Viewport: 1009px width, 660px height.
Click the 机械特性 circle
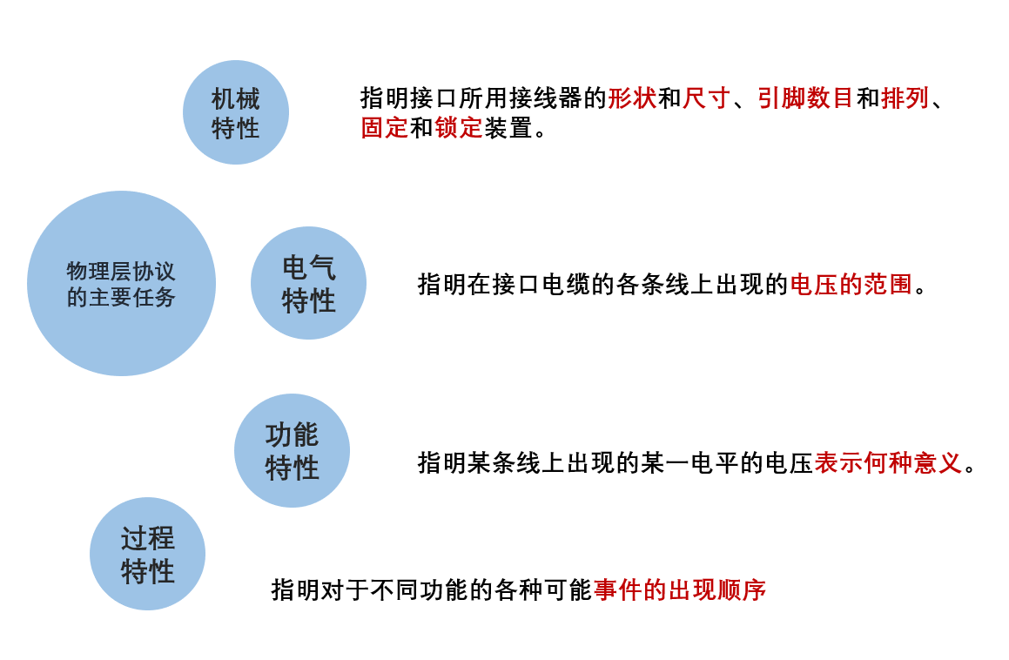coord(235,112)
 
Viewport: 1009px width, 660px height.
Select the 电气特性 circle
coord(308,283)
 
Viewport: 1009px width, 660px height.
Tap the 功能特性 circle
coord(292,450)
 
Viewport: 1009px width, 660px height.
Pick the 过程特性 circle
coord(147,554)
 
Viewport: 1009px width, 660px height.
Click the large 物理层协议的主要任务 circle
coord(121,284)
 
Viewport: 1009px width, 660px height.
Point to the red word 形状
coord(632,98)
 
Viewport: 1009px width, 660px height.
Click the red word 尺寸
coord(706,98)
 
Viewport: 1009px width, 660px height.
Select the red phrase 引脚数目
coord(804,98)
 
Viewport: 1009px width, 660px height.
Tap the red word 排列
coord(905,98)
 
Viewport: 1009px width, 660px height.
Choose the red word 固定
coord(385,129)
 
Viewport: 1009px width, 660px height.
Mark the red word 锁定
coord(459,129)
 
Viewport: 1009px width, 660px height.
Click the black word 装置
coord(508,129)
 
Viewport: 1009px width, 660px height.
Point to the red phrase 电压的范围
coord(851,285)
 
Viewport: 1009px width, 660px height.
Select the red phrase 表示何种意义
coord(888,462)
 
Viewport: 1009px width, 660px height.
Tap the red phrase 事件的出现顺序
coord(680,589)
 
